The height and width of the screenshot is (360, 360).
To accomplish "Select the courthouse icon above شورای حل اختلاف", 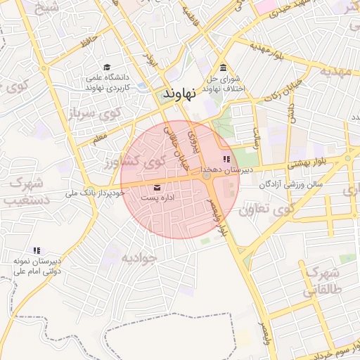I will click(223, 68).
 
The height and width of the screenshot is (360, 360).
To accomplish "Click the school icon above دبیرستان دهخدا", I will click(226, 160).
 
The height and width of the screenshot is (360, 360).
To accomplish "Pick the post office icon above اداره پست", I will click(156, 188).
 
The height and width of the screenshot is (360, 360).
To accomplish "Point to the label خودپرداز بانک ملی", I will click(95, 192).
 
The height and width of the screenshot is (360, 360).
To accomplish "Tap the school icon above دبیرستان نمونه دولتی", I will click(37, 250).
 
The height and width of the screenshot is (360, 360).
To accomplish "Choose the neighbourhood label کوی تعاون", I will click(264, 210).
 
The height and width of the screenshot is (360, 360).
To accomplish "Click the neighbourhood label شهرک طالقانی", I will click(323, 282).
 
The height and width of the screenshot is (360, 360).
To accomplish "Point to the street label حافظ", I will click(88, 42).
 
